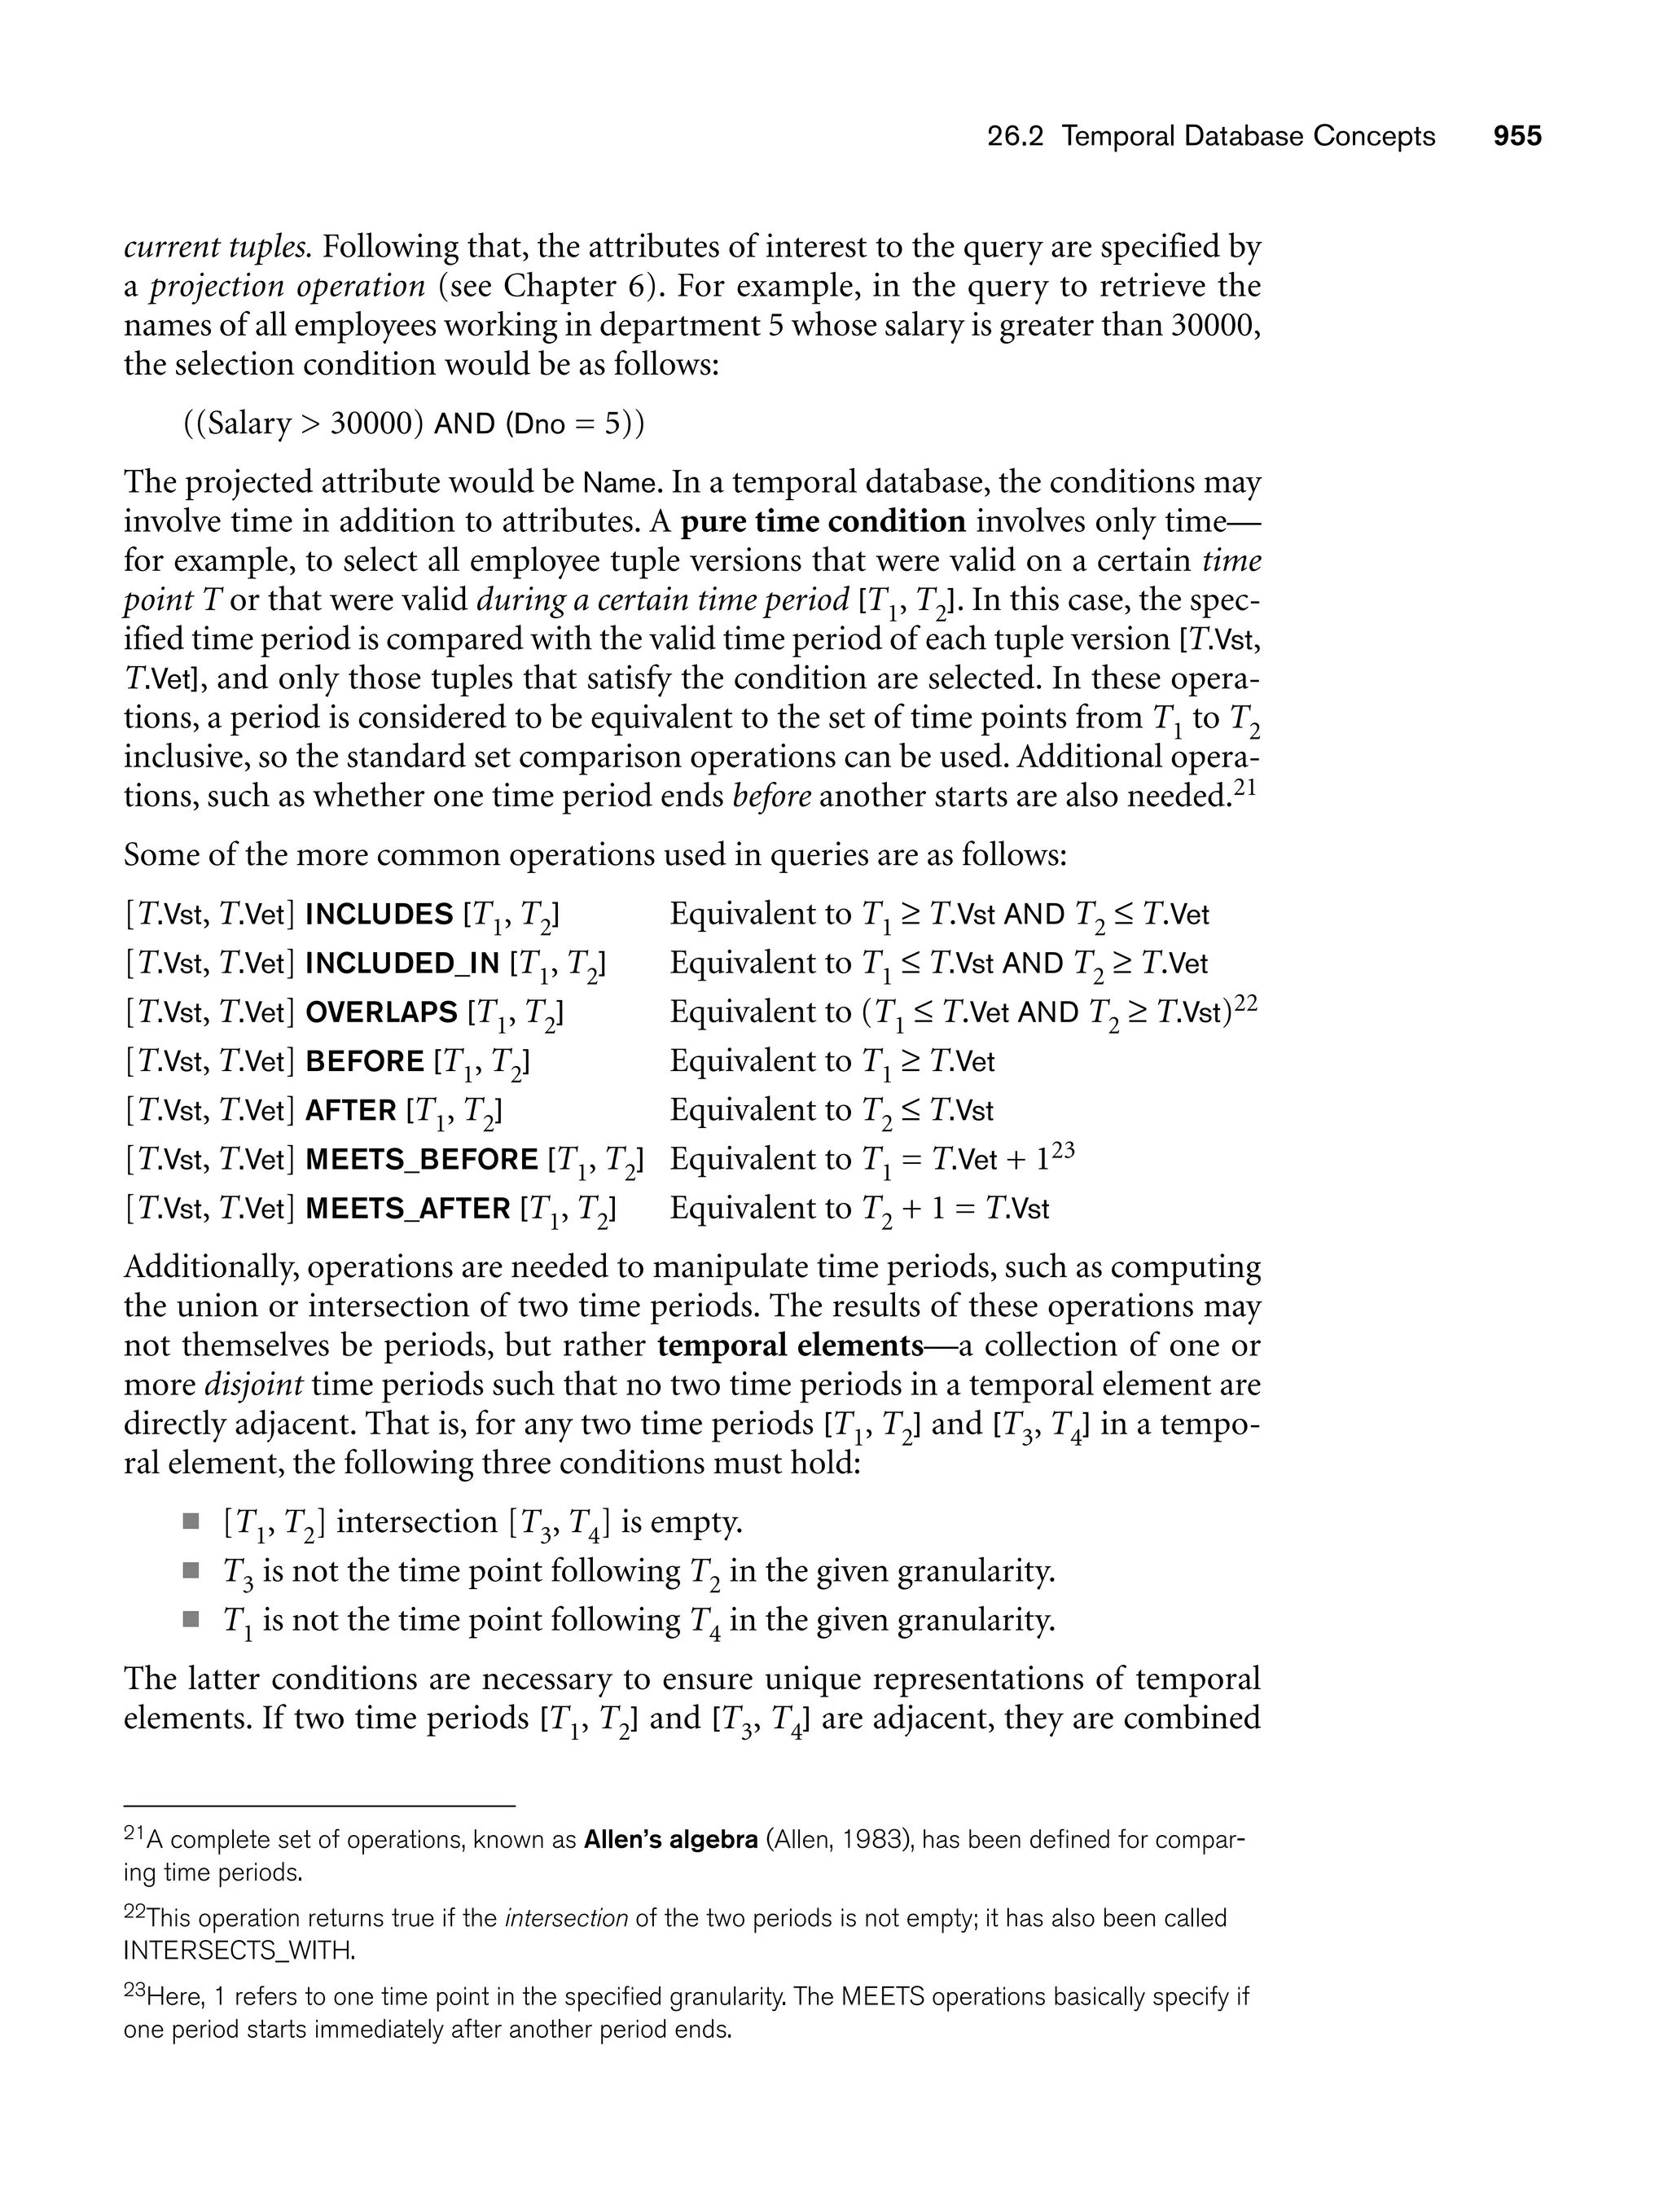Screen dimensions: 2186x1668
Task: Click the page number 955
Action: [1517, 136]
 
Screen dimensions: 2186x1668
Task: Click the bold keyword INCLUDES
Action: [378, 915]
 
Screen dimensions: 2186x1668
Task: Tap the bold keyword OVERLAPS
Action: [380, 1012]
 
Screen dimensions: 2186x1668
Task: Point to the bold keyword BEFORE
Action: [364, 1061]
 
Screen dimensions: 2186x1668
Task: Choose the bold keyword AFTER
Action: [350, 1111]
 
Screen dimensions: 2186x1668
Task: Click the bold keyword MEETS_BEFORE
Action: [421, 1160]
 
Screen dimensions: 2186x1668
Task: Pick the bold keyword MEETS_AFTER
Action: [407, 1209]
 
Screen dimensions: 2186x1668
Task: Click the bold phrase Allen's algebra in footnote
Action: [670, 1840]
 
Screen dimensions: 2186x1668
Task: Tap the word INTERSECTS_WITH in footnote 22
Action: [239, 1951]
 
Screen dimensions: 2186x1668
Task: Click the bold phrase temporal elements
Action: [790, 1345]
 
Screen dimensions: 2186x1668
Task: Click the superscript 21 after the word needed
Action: [1245, 788]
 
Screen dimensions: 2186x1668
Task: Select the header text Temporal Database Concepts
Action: [1248, 136]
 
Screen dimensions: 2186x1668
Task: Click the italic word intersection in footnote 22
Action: [566, 1918]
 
